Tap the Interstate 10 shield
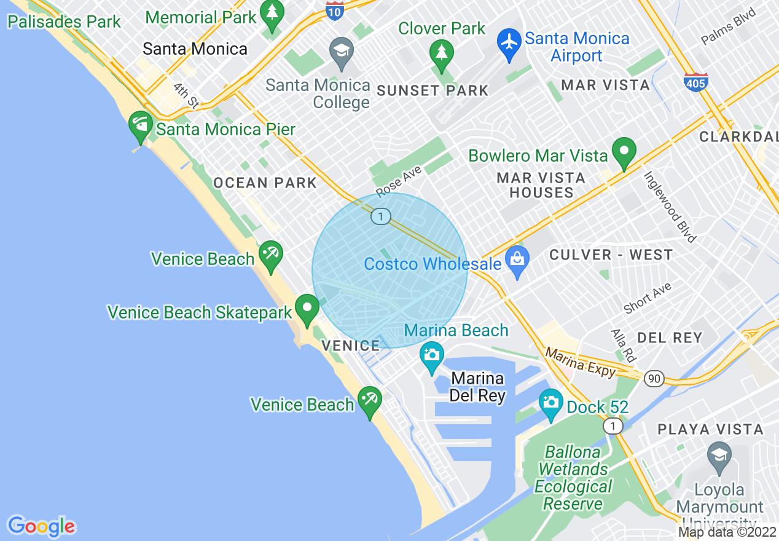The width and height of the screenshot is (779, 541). click(x=335, y=10)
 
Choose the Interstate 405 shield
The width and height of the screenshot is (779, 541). click(x=695, y=82)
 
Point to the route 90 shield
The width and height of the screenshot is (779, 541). click(x=655, y=379)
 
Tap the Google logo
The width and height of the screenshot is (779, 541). click(x=41, y=526)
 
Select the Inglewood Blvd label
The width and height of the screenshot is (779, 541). click(x=670, y=205)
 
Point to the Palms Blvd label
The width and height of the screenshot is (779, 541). click(x=729, y=34)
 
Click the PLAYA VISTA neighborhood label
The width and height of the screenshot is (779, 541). click(x=711, y=429)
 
